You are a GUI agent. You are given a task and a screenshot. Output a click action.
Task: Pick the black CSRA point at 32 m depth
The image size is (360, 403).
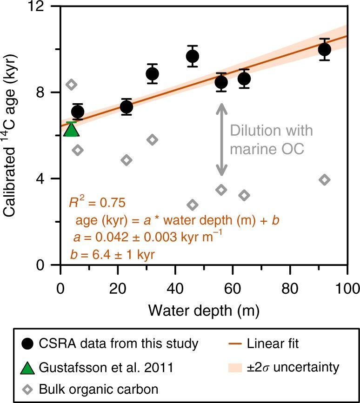point(152,73)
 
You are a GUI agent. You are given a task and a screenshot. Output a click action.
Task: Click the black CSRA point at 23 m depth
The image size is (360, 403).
point(126,107)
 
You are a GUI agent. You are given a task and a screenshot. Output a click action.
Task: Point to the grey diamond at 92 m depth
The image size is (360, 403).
point(325,179)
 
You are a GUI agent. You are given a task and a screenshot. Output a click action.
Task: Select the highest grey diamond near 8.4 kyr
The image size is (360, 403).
point(72,85)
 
